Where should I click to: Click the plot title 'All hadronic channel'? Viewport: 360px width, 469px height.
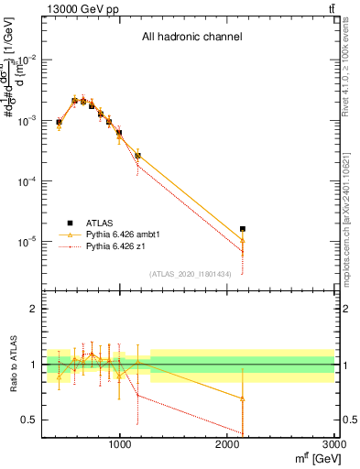tap(191, 38)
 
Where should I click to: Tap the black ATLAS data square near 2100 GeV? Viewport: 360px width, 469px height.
tap(243, 228)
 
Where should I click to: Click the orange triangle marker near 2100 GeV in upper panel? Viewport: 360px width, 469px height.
tap(243, 240)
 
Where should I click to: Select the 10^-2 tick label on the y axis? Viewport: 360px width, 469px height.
tap(27, 60)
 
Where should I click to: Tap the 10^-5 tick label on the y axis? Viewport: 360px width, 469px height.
tap(27, 243)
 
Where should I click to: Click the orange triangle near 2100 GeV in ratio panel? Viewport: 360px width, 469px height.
tap(243, 398)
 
